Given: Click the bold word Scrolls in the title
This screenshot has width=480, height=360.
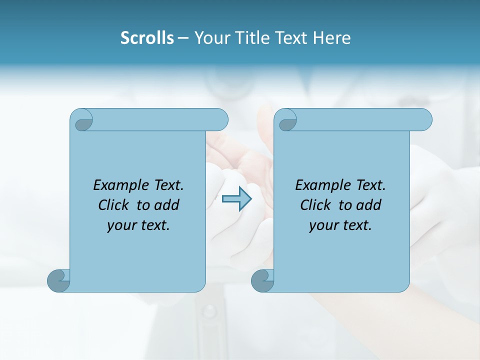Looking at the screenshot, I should click(147, 38).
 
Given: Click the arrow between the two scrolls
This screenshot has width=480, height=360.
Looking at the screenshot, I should click(236, 198).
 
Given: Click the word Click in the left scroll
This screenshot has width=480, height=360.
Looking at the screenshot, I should click(114, 205).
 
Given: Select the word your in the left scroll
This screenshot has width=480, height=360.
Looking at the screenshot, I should click(120, 225).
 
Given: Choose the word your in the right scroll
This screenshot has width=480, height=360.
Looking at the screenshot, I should click(322, 225).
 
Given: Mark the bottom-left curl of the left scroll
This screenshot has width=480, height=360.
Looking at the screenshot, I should click(58, 280).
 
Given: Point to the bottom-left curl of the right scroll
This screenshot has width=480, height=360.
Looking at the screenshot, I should click(262, 280).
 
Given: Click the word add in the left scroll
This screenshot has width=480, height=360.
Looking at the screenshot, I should click(167, 205).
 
